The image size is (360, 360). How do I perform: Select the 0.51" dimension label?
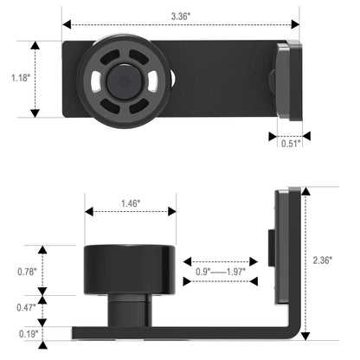[290, 144]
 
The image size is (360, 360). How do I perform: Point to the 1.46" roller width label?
[130, 204]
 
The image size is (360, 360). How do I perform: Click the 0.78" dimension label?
[27, 271]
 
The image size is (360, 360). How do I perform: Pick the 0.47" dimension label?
[27, 306]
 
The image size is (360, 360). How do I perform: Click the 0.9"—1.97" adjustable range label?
[220, 272]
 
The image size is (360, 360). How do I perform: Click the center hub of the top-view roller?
[125, 80]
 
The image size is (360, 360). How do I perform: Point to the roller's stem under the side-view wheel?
[130, 310]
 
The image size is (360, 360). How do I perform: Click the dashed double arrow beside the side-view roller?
[220, 260]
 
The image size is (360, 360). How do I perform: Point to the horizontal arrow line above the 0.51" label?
[289, 134]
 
